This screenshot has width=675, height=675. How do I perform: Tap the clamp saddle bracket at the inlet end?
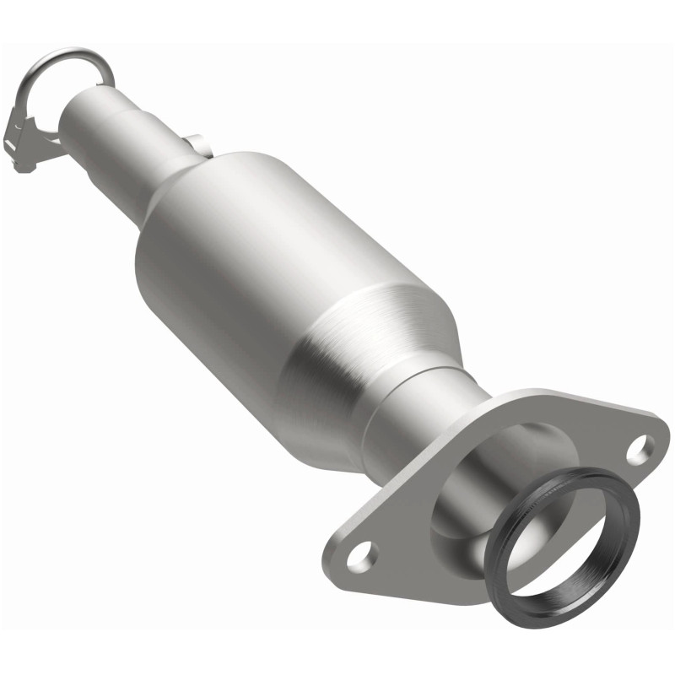point(34,135)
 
